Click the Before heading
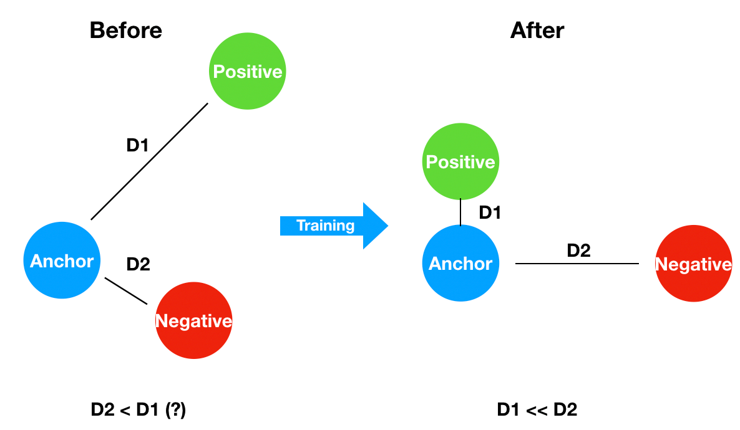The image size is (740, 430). pos(125,31)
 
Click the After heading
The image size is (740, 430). pos(537,31)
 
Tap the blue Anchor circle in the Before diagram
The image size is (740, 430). pos(62,260)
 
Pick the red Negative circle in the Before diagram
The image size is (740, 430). pos(193,320)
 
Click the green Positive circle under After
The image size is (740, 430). pos(460,162)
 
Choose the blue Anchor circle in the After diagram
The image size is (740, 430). pos(460,264)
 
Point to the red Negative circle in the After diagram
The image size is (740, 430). pos(693,264)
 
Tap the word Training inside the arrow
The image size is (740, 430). pos(325,226)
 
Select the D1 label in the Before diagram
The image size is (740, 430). pos(137,146)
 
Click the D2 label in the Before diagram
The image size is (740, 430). pos(138,264)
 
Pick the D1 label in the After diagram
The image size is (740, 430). pos(490,213)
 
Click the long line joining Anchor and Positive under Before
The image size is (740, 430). pos(149,161)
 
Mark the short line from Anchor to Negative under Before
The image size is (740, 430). pos(126,291)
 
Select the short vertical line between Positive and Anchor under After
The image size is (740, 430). pos(460,212)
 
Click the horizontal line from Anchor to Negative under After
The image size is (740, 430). pos(577,264)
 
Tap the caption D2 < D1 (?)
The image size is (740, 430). pos(139,410)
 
